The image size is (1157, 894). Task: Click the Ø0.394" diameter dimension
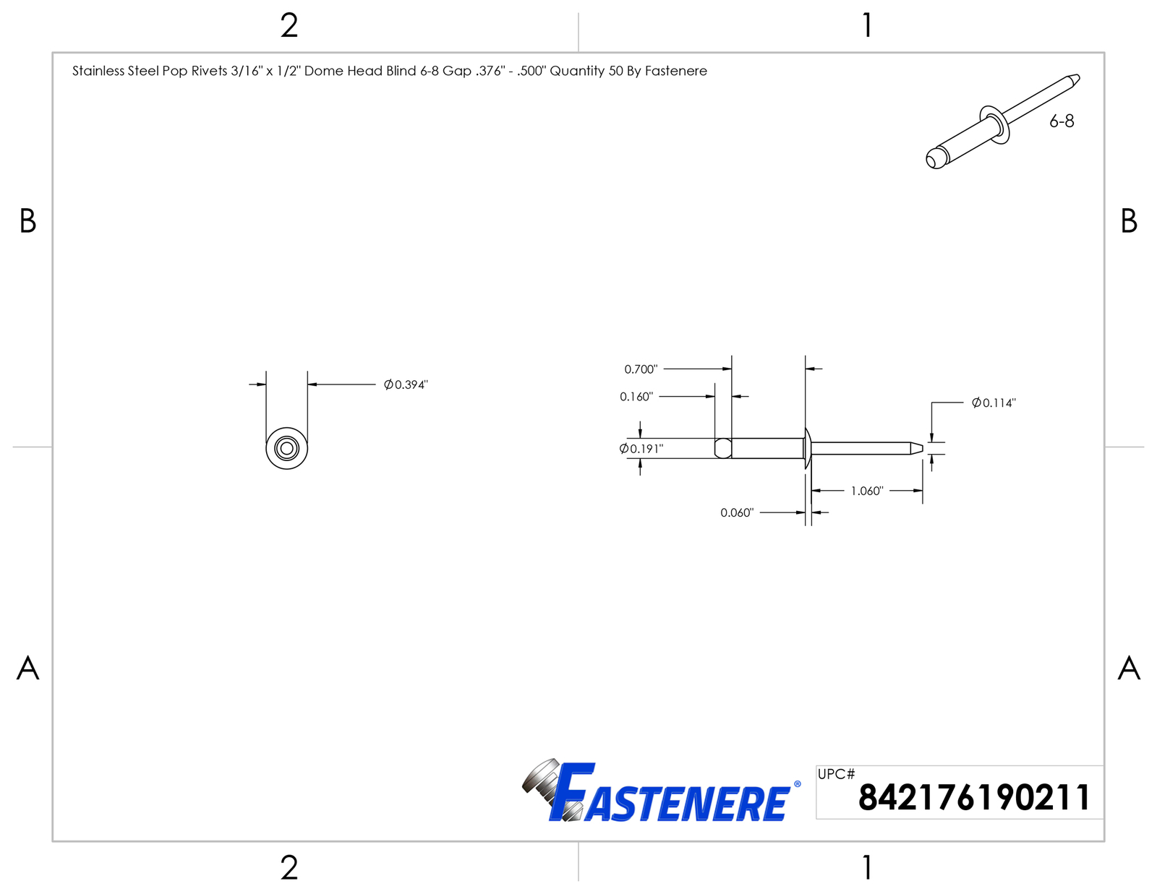click(x=406, y=384)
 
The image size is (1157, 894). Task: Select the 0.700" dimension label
click(x=641, y=369)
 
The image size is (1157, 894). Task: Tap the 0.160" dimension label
click(x=636, y=397)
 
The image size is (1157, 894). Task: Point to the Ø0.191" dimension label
click(x=641, y=449)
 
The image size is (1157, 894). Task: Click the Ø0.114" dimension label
click(x=994, y=403)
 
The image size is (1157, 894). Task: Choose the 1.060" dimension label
click(x=867, y=491)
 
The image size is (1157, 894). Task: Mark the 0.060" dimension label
click(x=737, y=512)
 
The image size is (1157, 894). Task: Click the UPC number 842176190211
click(x=974, y=798)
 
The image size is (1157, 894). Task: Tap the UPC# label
click(x=836, y=774)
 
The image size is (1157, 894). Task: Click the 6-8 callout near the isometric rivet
click(x=1062, y=121)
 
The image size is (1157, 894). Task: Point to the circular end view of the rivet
click(x=286, y=448)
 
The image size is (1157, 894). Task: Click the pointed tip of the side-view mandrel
click(x=922, y=448)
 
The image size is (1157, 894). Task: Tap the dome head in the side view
click(x=807, y=448)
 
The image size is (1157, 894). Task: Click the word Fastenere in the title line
click(x=675, y=71)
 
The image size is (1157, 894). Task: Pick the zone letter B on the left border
click(x=27, y=221)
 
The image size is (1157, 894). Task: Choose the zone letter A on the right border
click(x=1129, y=668)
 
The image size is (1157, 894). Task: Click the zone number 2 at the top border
click(x=289, y=25)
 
